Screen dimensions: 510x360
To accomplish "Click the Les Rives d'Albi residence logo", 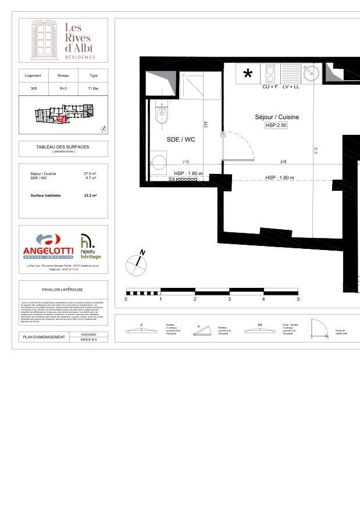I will click(63, 40).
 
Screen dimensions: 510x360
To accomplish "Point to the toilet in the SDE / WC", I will click(161, 115).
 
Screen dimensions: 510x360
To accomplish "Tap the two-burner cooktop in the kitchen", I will click(270, 73).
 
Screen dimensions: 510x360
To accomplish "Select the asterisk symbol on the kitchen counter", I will click(248, 74).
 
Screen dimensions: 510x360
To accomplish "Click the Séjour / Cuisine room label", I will click(277, 117).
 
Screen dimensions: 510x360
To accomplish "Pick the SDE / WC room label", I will click(180, 139).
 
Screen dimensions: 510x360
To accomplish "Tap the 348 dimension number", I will click(283, 162).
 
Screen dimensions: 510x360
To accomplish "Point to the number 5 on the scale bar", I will click(298, 299).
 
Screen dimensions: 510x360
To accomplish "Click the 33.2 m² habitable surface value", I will click(91, 196).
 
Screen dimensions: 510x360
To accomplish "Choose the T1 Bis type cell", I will click(93, 88).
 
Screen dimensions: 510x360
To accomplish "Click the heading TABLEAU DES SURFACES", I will click(63, 147).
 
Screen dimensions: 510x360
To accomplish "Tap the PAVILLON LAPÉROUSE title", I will click(63, 289).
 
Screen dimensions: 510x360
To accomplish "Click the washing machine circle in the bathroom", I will click(158, 161).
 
